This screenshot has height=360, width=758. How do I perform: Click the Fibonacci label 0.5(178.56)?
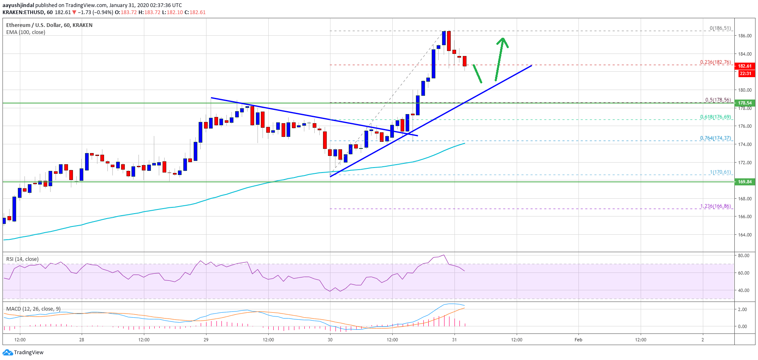coord(718,100)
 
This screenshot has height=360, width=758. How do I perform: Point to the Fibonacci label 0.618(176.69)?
coord(715,117)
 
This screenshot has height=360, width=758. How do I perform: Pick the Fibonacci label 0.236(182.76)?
coord(715,62)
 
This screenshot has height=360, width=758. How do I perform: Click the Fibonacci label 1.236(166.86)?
coord(715,206)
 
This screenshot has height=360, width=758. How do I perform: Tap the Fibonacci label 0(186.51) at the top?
coord(720,28)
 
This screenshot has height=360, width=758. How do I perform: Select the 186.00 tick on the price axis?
coord(745,36)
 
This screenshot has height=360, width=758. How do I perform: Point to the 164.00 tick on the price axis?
coord(745,235)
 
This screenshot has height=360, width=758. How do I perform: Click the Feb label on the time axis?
coord(578,340)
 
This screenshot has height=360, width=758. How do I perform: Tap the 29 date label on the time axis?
coord(206,340)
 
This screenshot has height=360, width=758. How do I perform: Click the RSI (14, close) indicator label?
coord(22,259)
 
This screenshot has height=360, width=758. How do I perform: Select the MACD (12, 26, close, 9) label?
coord(33,309)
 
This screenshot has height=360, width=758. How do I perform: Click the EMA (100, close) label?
coord(26,32)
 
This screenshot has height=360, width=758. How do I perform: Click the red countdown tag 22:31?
coord(745,73)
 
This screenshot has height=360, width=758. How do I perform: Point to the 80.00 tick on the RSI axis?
coord(743,255)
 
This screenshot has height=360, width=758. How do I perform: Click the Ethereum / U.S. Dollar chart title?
coord(49,25)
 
